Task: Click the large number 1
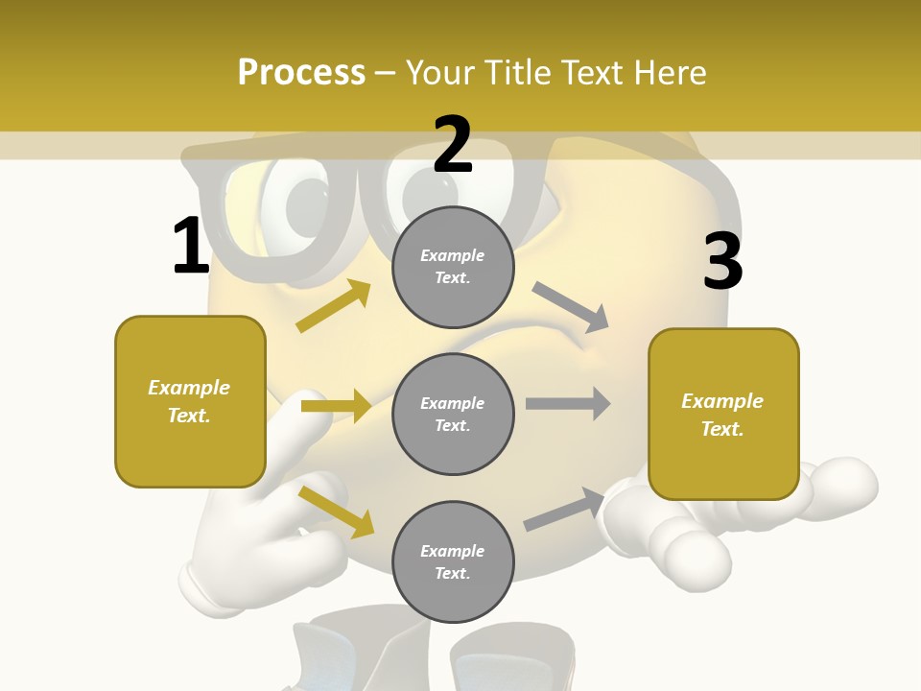[x=191, y=246]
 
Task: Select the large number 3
[x=722, y=261]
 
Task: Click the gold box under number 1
[x=190, y=401]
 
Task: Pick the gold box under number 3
[x=723, y=414]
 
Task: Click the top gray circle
[x=453, y=267]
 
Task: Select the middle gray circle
[x=453, y=414]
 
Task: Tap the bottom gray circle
[x=453, y=561]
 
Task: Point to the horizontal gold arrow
[x=336, y=406]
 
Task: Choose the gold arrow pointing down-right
[x=337, y=512]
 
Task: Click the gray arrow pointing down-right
[x=571, y=307]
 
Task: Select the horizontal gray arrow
[x=568, y=404]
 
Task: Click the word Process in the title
[x=301, y=73]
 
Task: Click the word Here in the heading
[x=668, y=73]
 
